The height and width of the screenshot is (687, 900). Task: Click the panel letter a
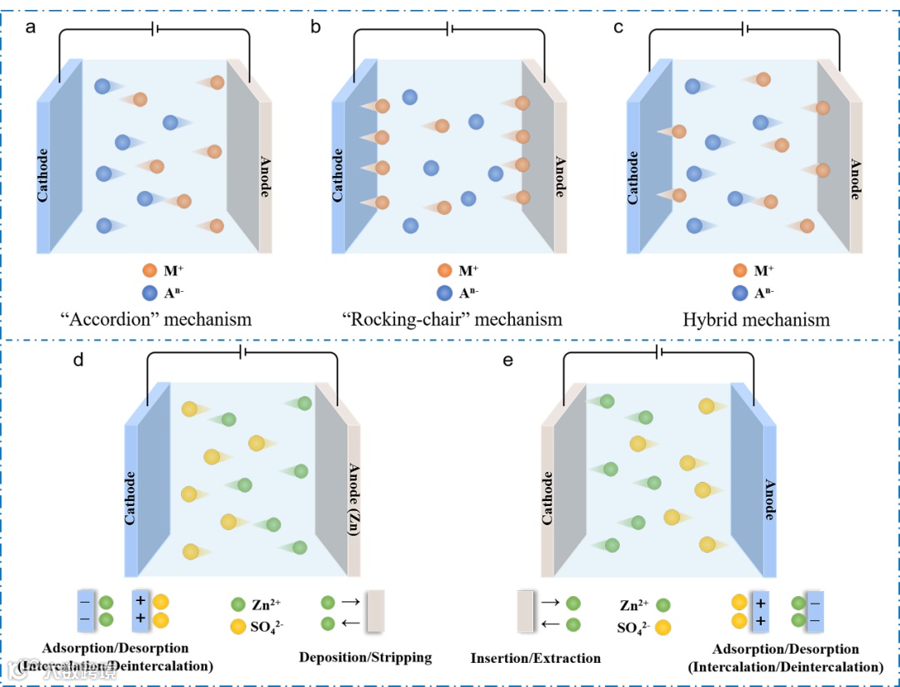click(x=31, y=28)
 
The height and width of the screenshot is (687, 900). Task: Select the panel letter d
click(x=78, y=361)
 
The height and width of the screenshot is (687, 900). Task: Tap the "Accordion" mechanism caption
click(x=155, y=319)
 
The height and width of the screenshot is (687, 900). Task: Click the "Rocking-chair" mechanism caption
click(x=452, y=319)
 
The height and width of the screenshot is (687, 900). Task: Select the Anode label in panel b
click(x=560, y=176)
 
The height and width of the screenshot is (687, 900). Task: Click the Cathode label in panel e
click(x=547, y=498)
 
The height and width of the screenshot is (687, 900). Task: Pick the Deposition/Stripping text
click(x=365, y=657)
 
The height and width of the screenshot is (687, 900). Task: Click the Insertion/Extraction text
click(x=536, y=658)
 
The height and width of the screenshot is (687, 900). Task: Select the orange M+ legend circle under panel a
click(x=150, y=270)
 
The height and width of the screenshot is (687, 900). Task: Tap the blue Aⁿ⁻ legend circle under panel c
click(x=740, y=293)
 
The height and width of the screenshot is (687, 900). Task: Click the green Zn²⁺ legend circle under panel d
click(x=237, y=604)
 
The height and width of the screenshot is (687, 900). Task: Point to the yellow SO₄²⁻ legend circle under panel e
click(x=663, y=627)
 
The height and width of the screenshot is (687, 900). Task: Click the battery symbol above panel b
click(x=450, y=29)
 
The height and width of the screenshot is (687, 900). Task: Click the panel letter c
click(x=617, y=28)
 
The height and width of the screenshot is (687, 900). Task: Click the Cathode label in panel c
click(x=632, y=176)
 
